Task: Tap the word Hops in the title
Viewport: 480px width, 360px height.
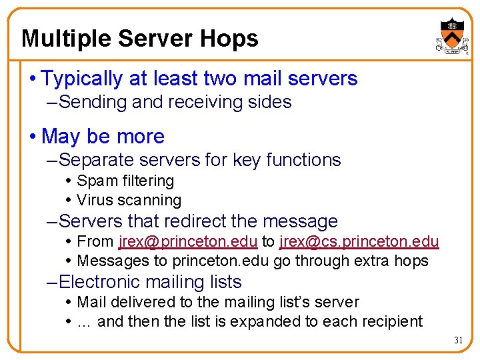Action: click(233, 39)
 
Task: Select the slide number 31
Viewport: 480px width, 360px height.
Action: click(458, 340)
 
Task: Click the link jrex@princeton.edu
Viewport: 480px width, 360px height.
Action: click(187, 241)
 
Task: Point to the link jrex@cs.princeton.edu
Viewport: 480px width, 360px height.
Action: click(359, 241)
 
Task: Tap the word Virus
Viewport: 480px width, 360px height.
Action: click(93, 200)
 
